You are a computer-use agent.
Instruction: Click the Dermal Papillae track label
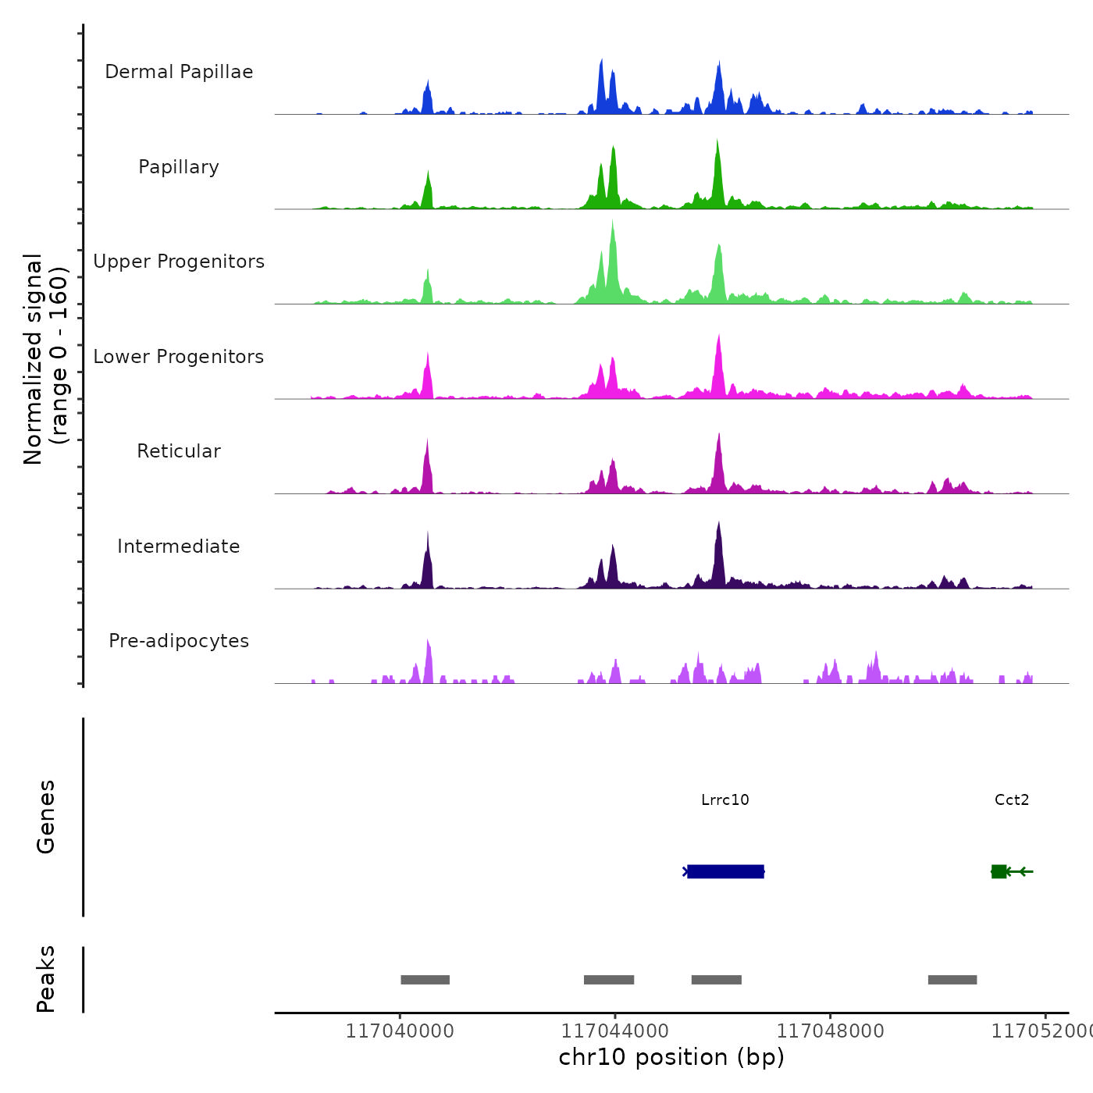(179, 72)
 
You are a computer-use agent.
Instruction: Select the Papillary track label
(179, 167)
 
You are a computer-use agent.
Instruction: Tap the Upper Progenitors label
(179, 262)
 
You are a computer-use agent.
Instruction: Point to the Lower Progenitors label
(179, 357)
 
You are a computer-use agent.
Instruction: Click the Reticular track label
(179, 451)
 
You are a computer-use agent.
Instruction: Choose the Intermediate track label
(179, 546)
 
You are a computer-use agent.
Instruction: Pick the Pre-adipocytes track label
(179, 641)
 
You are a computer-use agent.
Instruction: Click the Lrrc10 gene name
(725, 800)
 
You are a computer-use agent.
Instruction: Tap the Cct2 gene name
(1012, 800)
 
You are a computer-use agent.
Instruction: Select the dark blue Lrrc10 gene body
(725, 871)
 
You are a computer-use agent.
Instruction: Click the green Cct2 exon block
(999, 871)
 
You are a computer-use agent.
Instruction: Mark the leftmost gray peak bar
(425, 980)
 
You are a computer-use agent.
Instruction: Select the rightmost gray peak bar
(952, 980)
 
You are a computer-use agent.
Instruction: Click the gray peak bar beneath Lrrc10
(717, 980)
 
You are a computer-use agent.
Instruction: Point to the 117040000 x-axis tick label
(400, 1031)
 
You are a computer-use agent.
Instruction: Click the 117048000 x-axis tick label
(831, 1031)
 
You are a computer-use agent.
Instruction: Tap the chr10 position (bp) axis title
(671, 1058)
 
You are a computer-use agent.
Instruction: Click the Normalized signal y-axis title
(45, 359)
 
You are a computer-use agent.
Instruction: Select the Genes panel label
(46, 817)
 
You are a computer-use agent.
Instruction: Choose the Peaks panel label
(46, 979)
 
